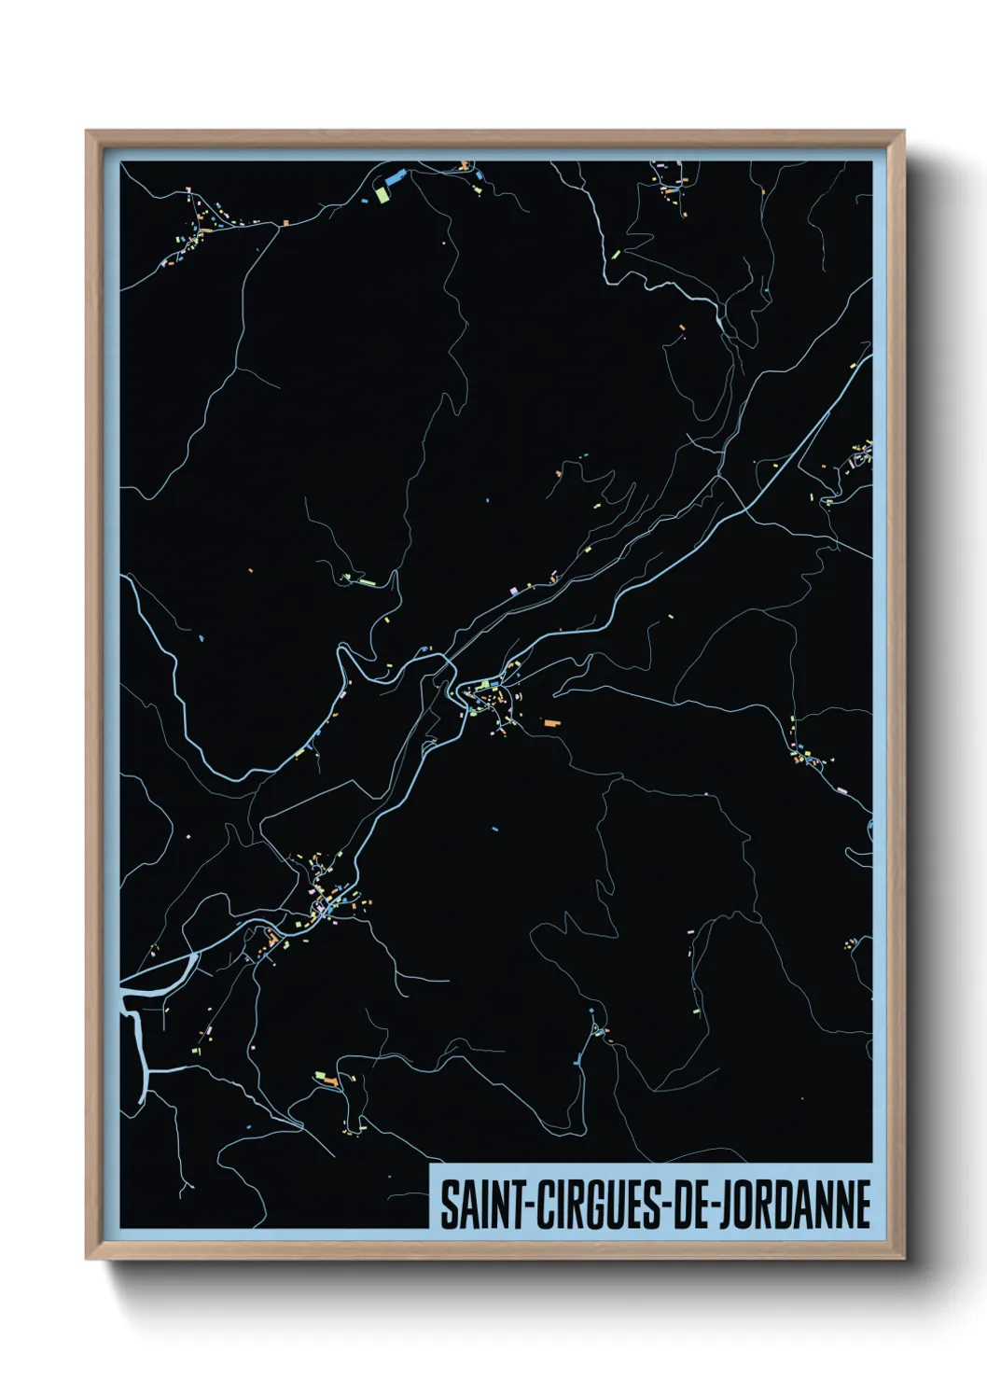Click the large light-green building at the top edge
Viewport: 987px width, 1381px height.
coord(381,193)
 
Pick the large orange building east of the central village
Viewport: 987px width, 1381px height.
coord(552,721)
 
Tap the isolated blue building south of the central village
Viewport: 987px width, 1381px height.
coord(494,828)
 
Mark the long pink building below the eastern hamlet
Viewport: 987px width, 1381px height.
coord(841,790)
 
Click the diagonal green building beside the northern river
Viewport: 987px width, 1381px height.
coord(616,253)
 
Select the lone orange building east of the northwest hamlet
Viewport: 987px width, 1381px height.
coord(285,222)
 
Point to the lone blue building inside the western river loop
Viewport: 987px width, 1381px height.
coord(202,638)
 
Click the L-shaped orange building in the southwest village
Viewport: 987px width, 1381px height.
coord(272,936)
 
